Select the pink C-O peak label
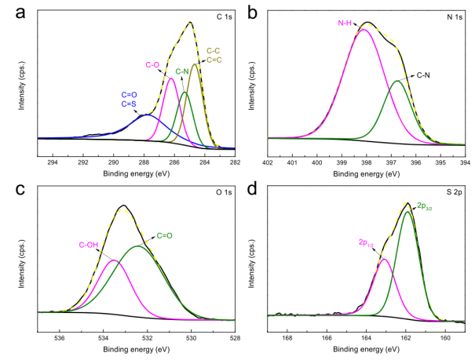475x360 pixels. click(x=154, y=64)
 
